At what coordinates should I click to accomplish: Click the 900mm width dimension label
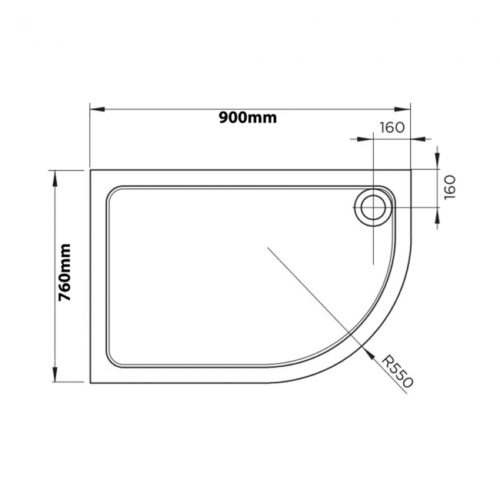point(247,118)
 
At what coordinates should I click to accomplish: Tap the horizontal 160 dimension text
point(392,128)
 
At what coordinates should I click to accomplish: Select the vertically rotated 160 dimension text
point(450,186)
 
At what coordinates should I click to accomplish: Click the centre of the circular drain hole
point(373,207)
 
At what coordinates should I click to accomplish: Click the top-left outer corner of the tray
point(91,170)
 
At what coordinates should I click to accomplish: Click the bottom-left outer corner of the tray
point(91,382)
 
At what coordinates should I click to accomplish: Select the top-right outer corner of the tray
point(411,170)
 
